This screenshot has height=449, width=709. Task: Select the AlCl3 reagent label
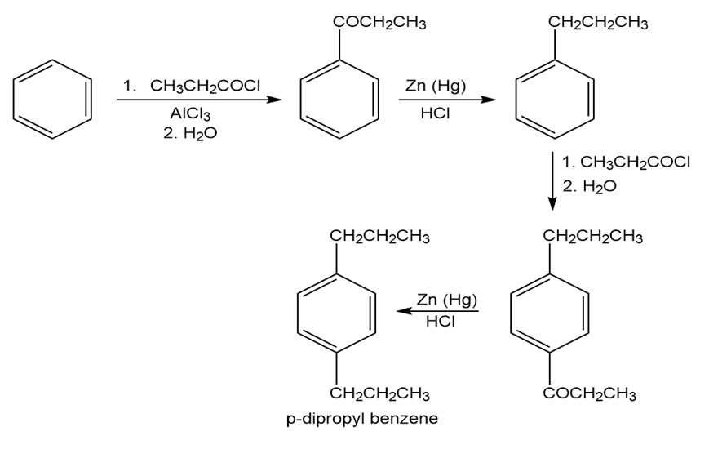click(x=190, y=113)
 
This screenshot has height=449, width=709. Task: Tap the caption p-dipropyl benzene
click(x=362, y=419)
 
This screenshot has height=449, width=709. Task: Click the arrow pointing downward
click(x=552, y=181)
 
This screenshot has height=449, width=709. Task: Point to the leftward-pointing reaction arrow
click(x=437, y=311)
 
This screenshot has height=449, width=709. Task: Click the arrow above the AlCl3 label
click(x=199, y=100)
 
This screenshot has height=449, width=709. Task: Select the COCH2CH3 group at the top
click(x=379, y=22)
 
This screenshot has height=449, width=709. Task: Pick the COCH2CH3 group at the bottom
click(x=589, y=393)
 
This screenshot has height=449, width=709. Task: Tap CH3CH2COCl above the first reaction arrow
click(x=205, y=85)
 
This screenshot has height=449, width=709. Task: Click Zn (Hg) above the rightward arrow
click(x=435, y=85)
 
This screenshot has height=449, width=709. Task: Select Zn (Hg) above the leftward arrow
click(x=446, y=299)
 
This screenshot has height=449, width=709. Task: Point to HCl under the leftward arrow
click(x=440, y=322)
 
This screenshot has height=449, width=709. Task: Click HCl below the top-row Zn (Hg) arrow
click(x=435, y=113)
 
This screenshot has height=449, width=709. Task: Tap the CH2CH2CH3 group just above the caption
click(x=380, y=393)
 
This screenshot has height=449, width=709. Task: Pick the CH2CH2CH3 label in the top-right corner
click(x=598, y=23)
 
